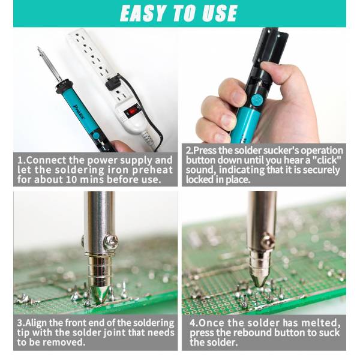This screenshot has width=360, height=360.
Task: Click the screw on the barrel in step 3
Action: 111,242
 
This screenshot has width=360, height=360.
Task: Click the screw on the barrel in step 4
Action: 268,241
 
